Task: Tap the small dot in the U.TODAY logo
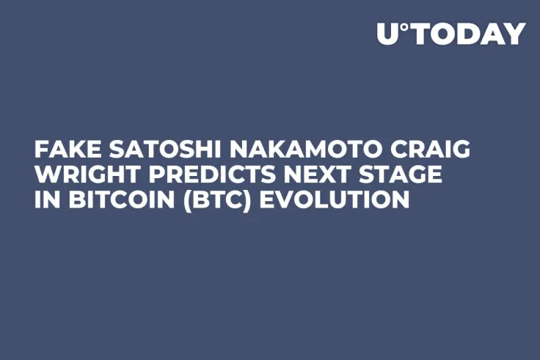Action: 404,27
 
